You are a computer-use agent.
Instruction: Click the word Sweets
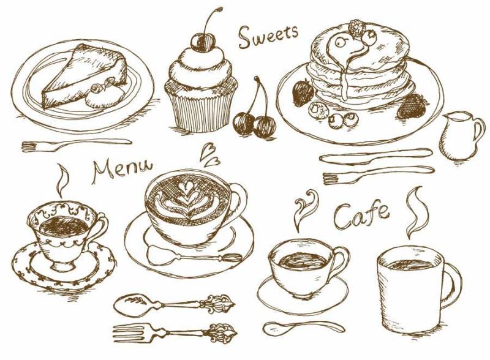click(x=268, y=36)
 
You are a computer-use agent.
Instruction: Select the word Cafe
click(x=361, y=216)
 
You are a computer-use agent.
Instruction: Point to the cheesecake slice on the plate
click(x=85, y=75)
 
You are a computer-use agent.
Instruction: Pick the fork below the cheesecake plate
click(x=77, y=145)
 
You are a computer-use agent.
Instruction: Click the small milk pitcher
click(x=461, y=136)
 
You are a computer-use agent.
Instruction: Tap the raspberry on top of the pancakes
click(x=356, y=27)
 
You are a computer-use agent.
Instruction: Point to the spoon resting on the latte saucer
click(x=194, y=257)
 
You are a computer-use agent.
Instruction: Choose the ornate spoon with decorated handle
click(x=174, y=302)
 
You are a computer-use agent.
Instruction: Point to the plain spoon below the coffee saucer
click(x=304, y=328)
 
